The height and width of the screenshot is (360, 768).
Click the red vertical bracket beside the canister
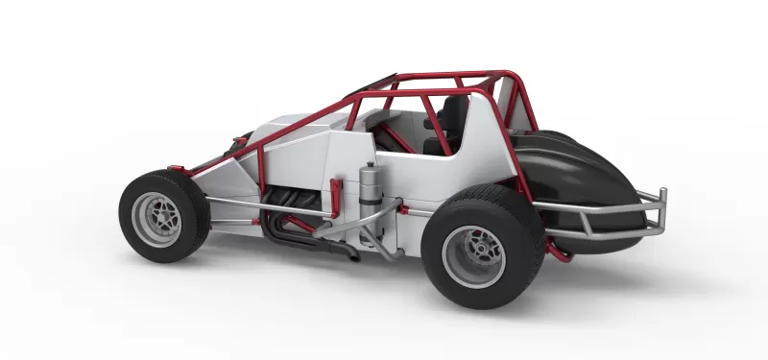pyautogui.click(x=335, y=196)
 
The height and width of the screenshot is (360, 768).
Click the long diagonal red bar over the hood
pyautogui.click(x=298, y=130)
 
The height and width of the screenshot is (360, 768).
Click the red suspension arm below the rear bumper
pyautogui.click(x=556, y=252)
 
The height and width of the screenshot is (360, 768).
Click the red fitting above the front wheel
pyautogui.click(x=178, y=169)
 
